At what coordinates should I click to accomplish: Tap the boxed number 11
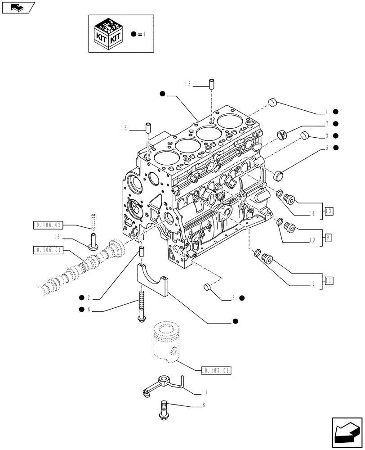coord(328,280)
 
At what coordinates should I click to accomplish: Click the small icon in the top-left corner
coord(18,7)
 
